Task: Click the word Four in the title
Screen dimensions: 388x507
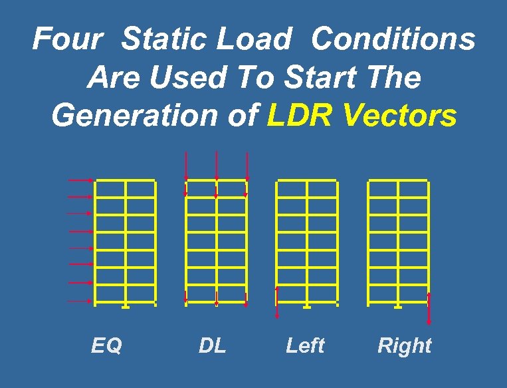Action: (66, 39)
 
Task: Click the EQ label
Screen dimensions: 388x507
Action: (107, 345)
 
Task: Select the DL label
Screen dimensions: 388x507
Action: (213, 345)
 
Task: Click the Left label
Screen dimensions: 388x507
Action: (305, 345)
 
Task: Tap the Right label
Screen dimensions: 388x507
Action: (404, 345)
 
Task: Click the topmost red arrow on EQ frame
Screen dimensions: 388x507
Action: (81, 180)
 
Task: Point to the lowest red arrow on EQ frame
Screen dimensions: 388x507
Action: (81, 301)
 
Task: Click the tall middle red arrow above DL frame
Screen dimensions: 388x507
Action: (217, 166)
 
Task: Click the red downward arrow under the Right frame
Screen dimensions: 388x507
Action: (429, 309)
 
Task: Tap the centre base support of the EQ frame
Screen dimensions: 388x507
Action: (126, 307)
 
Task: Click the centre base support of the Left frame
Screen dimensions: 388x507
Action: (307, 307)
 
